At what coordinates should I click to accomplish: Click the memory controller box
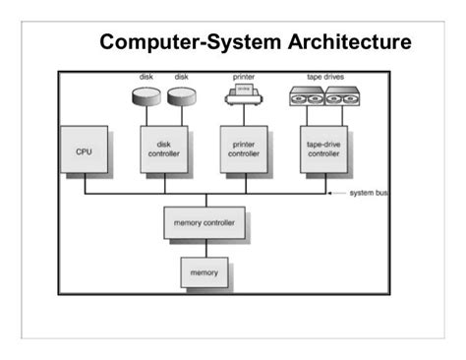click(204, 223)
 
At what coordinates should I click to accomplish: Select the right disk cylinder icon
click(181, 97)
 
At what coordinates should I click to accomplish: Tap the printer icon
click(243, 95)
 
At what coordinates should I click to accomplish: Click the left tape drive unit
click(309, 96)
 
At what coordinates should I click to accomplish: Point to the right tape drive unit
click(344, 96)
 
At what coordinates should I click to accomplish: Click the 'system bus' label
click(369, 193)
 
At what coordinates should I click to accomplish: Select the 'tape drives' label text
click(325, 76)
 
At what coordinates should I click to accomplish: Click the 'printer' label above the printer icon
click(243, 76)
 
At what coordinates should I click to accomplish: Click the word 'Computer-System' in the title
click(179, 44)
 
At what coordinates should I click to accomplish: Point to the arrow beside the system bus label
click(339, 193)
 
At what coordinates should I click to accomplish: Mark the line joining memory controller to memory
click(204, 248)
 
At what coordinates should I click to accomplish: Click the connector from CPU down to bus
click(83, 184)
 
